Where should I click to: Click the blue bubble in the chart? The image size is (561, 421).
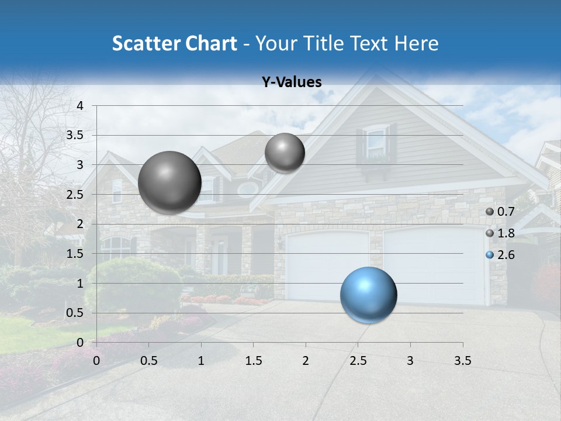[x=368, y=295]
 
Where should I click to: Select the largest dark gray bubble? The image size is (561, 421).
[x=169, y=182]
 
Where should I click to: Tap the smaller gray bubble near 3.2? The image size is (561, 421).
[x=285, y=153]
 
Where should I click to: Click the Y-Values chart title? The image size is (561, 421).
[x=291, y=82]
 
